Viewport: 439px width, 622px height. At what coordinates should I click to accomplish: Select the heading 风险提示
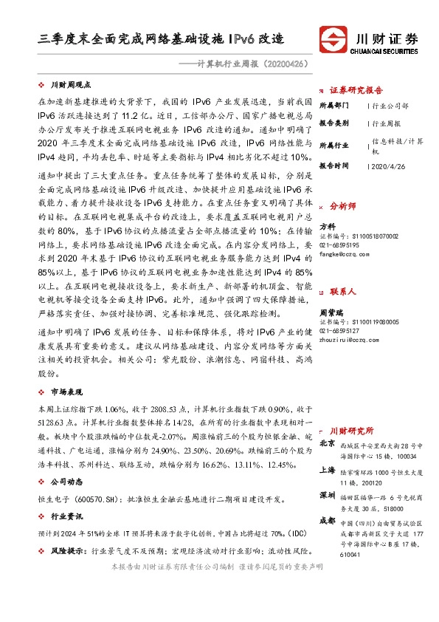click(x=66, y=551)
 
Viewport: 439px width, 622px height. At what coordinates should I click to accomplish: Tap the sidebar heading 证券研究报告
click(x=356, y=90)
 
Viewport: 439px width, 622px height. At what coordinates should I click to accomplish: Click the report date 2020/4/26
click(x=386, y=167)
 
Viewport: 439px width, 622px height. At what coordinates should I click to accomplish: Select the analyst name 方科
click(x=328, y=226)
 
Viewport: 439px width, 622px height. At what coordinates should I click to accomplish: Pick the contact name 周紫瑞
click(x=331, y=313)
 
